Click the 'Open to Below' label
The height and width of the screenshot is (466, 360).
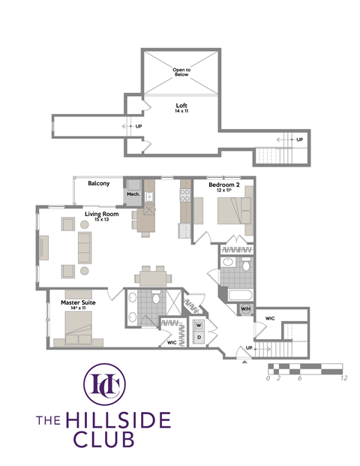tap(181, 73)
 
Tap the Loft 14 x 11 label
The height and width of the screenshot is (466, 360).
tap(181, 109)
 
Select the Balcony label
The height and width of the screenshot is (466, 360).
tap(99, 184)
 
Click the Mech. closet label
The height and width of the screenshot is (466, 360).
tap(133, 194)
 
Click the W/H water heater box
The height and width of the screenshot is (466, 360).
tap(245, 308)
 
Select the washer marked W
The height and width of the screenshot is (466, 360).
tap(199, 325)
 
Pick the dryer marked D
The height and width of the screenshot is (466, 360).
tap(199, 338)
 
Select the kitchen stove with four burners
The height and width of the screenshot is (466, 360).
tap(184, 197)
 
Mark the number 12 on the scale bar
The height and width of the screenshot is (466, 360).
tap(343, 379)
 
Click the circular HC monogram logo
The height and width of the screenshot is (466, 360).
tap(104, 384)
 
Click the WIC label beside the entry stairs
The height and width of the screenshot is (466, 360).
tap(270, 318)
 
